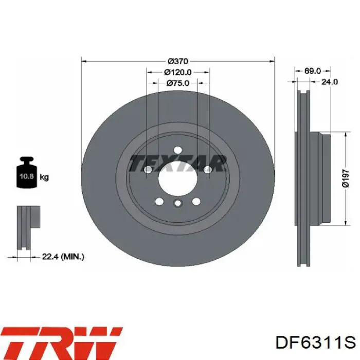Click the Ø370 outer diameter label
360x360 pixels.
coord(178,61)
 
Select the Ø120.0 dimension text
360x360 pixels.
coord(178,72)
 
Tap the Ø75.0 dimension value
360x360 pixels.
coord(178,83)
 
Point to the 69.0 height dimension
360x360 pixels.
coord(313,71)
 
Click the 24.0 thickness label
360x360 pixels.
coord(329,82)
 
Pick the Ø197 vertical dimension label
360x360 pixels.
coord(346,178)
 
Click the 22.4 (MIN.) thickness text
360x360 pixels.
coord(63,257)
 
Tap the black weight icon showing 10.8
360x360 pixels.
coord(26,172)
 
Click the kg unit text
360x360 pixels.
coord(44,177)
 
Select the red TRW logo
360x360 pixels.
coord(62,343)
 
